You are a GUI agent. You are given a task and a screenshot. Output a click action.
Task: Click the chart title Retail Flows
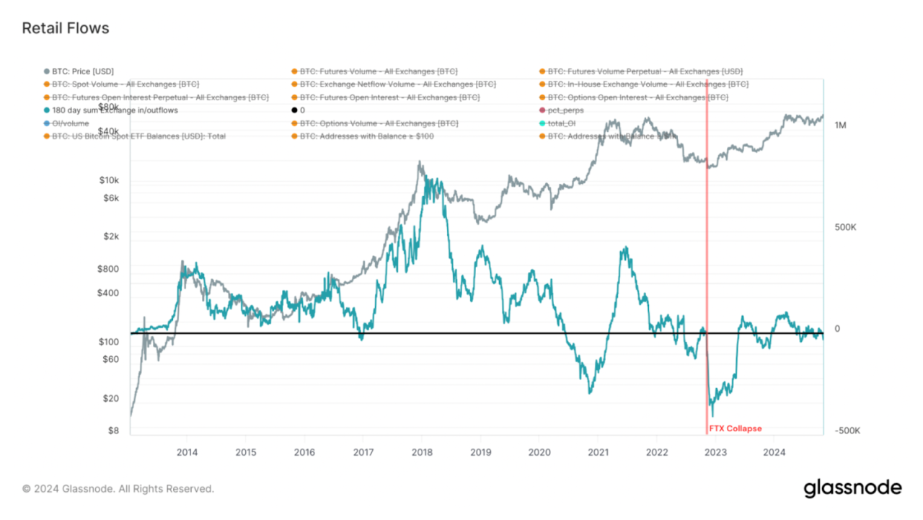pos(66,28)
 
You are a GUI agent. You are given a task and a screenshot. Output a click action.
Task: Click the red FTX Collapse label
pos(735,428)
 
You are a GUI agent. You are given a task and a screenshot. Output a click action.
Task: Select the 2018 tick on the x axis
pos(422,452)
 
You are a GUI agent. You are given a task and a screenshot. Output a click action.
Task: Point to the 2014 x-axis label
pos(187,452)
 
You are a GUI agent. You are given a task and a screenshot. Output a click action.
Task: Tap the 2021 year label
pos(598,452)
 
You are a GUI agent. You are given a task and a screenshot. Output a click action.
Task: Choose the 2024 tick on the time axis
pos(774,452)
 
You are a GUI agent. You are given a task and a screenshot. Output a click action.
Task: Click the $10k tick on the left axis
pos(109,180)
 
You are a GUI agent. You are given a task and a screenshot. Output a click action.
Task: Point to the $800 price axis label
pos(108,269)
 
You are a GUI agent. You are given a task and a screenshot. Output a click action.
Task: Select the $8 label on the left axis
pos(113,431)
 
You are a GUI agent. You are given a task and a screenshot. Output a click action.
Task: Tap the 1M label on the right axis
pos(840,125)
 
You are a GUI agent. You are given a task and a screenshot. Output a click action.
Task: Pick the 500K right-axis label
pos(845,227)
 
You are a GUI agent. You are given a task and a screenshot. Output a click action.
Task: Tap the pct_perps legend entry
pos(566,110)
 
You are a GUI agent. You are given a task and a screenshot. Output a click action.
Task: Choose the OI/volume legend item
pos(71,123)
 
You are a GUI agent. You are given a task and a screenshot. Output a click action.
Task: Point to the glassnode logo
pos(852,488)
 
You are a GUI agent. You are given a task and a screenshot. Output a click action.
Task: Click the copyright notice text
pos(118,489)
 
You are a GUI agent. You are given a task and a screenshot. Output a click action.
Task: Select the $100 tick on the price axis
pos(109,342)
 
